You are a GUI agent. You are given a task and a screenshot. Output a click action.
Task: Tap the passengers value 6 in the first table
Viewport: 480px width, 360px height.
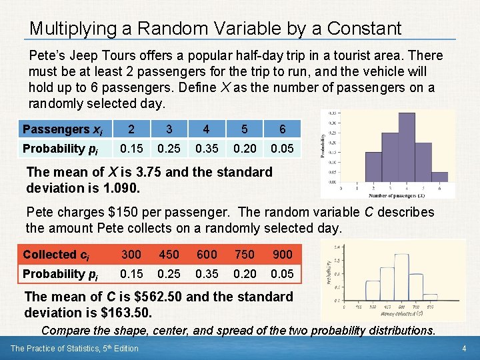(282, 129)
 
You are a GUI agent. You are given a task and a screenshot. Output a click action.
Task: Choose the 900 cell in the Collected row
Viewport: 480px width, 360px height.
(282, 254)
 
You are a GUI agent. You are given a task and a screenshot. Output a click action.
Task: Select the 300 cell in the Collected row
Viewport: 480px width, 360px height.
(131, 254)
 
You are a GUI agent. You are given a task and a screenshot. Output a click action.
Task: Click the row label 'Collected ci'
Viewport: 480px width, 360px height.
(56, 254)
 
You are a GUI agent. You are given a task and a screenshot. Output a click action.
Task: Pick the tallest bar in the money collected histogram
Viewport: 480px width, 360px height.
(402, 277)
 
